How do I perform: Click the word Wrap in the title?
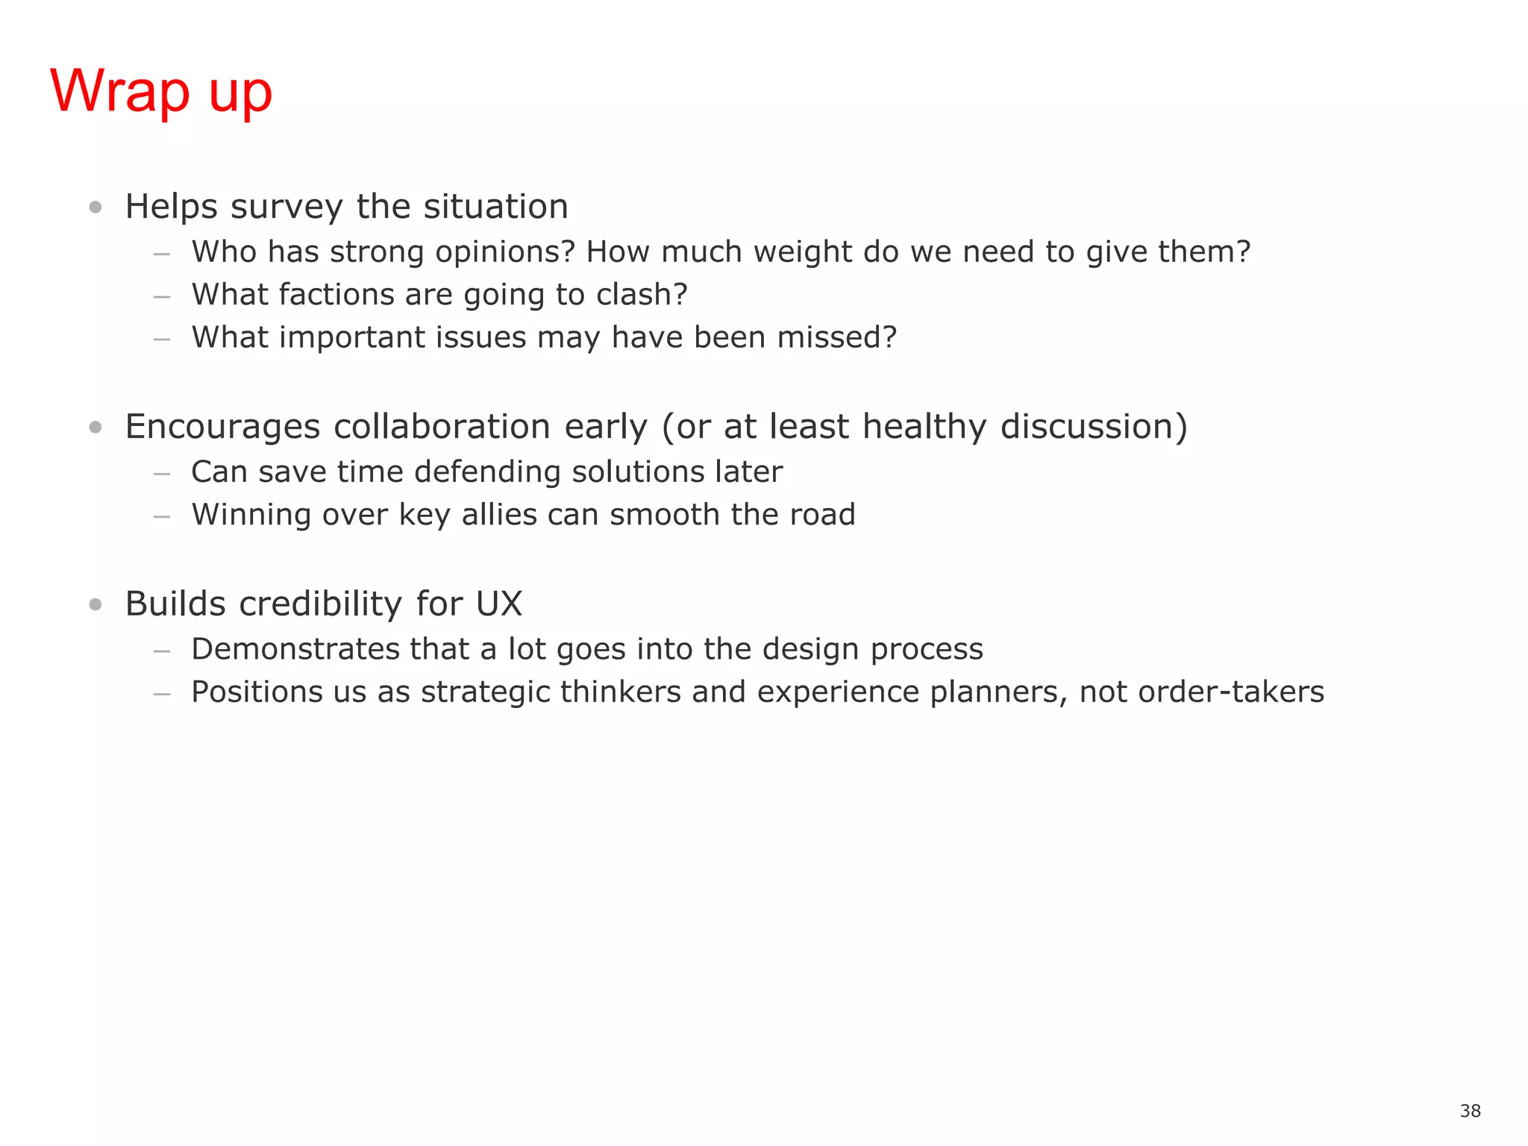(119, 91)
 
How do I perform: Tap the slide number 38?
(1470, 1111)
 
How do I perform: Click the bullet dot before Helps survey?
(95, 207)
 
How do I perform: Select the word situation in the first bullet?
(495, 207)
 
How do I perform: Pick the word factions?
(336, 295)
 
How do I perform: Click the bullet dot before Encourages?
(95, 427)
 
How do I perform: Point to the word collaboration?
(442, 427)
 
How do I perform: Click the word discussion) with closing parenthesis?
(1093, 427)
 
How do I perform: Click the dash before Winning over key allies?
(162, 516)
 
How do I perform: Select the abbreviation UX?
(499, 604)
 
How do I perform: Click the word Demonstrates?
(295, 649)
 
